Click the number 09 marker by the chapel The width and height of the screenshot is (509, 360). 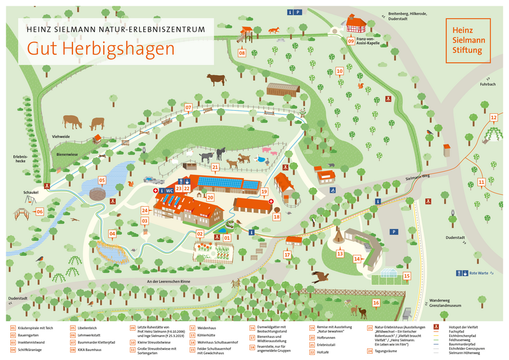pos(351,41)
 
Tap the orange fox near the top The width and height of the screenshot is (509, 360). pos(274,30)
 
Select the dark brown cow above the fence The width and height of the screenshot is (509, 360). pos(216,80)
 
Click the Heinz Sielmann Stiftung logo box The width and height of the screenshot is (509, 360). pos(468,40)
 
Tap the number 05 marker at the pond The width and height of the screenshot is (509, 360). pos(101,181)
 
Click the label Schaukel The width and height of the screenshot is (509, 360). pos(31,191)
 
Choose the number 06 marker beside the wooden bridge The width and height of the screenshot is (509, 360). pos(39,212)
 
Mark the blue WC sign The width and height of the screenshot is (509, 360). pos(169,190)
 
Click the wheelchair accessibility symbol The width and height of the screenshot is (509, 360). pos(332,190)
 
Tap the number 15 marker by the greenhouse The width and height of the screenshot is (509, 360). pos(406,275)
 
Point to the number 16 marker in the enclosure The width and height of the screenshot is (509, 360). pos(375,303)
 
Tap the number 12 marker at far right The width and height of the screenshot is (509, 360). pos(493,118)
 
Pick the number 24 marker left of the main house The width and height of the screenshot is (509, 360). pos(145,210)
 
